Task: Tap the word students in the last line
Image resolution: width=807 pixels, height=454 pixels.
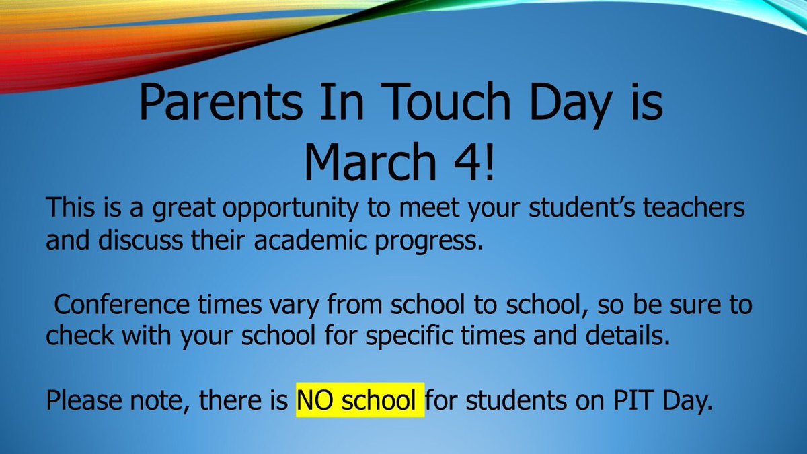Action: point(511,402)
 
